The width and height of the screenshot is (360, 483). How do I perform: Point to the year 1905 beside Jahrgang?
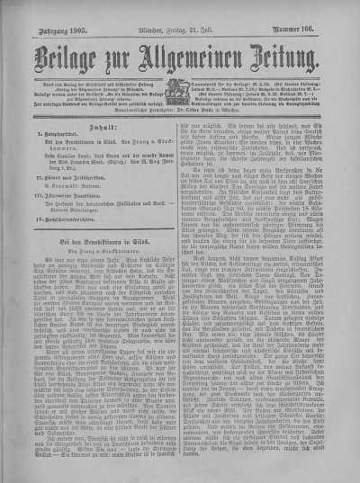(x=72, y=15)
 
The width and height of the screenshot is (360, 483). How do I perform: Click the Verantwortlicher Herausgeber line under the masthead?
(x=180, y=92)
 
